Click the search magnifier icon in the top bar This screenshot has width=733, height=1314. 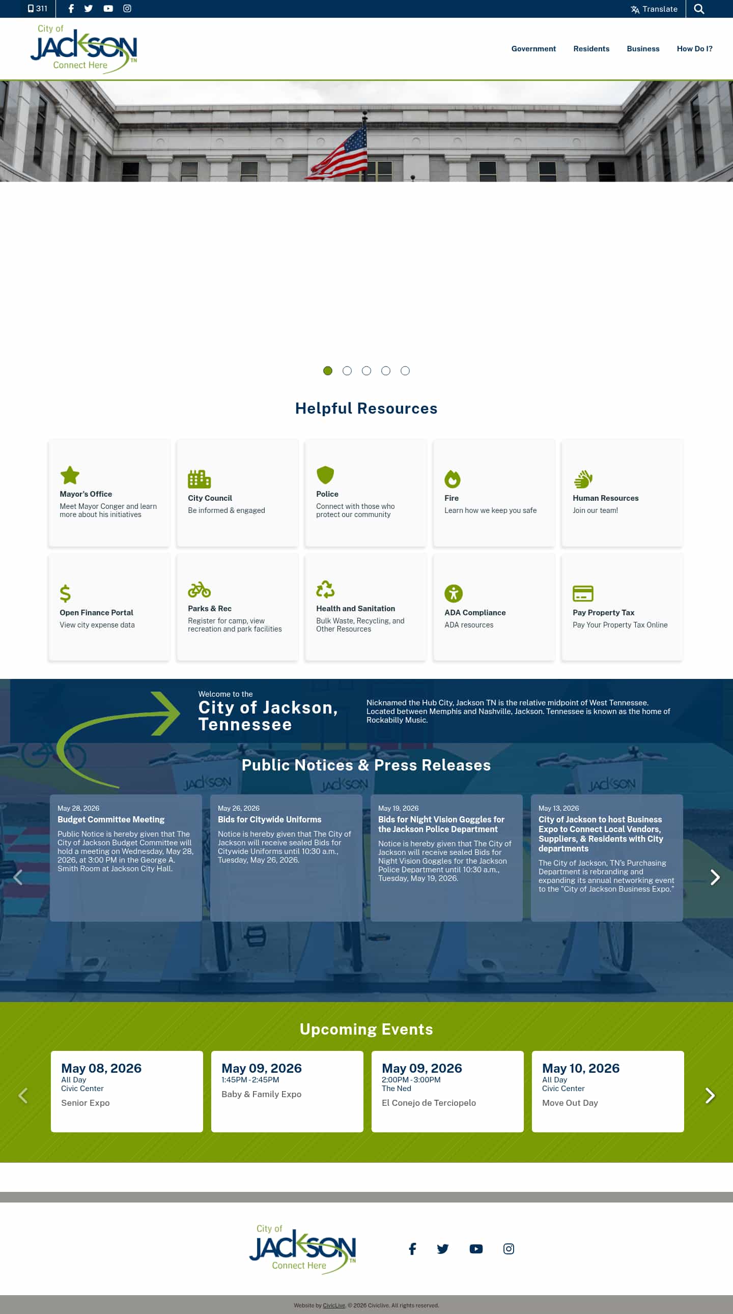pos(699,9)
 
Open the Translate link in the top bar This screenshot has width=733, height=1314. pos(654,9)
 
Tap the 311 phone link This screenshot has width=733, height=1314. pos(37,9)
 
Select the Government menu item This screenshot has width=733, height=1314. pos(533,48)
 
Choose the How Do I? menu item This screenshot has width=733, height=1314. pos(694,48)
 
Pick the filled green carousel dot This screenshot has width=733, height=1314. pos(328,371)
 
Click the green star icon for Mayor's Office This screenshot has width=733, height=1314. pos(70,475)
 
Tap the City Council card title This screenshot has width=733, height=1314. pos(210,498)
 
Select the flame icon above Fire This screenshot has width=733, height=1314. pos(453,478)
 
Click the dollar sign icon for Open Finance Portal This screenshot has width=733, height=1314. pos(65,593)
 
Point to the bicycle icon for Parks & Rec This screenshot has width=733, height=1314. pos(199,590)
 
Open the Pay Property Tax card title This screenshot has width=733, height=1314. pos(603,612)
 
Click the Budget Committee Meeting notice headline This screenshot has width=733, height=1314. pos(110,819)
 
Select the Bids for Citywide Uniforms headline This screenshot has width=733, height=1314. pos(269,819)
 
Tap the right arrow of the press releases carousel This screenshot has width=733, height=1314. pos(715,877)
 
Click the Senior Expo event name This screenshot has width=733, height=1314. pos(85,1102)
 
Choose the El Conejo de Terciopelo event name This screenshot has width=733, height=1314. pos(429,1102)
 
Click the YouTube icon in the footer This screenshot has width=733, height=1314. pos(476,1248)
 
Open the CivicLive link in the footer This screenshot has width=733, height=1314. pos(334,1305)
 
